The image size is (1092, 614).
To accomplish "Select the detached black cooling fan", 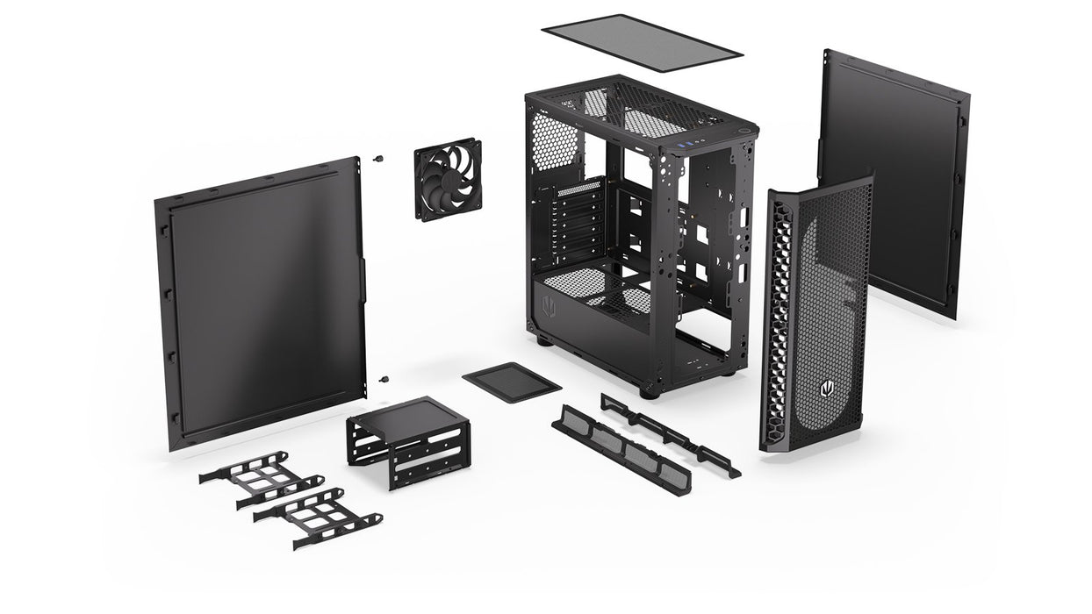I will click(448, 179).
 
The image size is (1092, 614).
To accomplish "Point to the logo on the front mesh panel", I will click(825, 386).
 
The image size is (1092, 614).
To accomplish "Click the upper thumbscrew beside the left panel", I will click(379, 160).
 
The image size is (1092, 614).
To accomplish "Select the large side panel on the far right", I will click(894, 180).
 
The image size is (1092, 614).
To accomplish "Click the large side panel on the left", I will click(261, 303).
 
